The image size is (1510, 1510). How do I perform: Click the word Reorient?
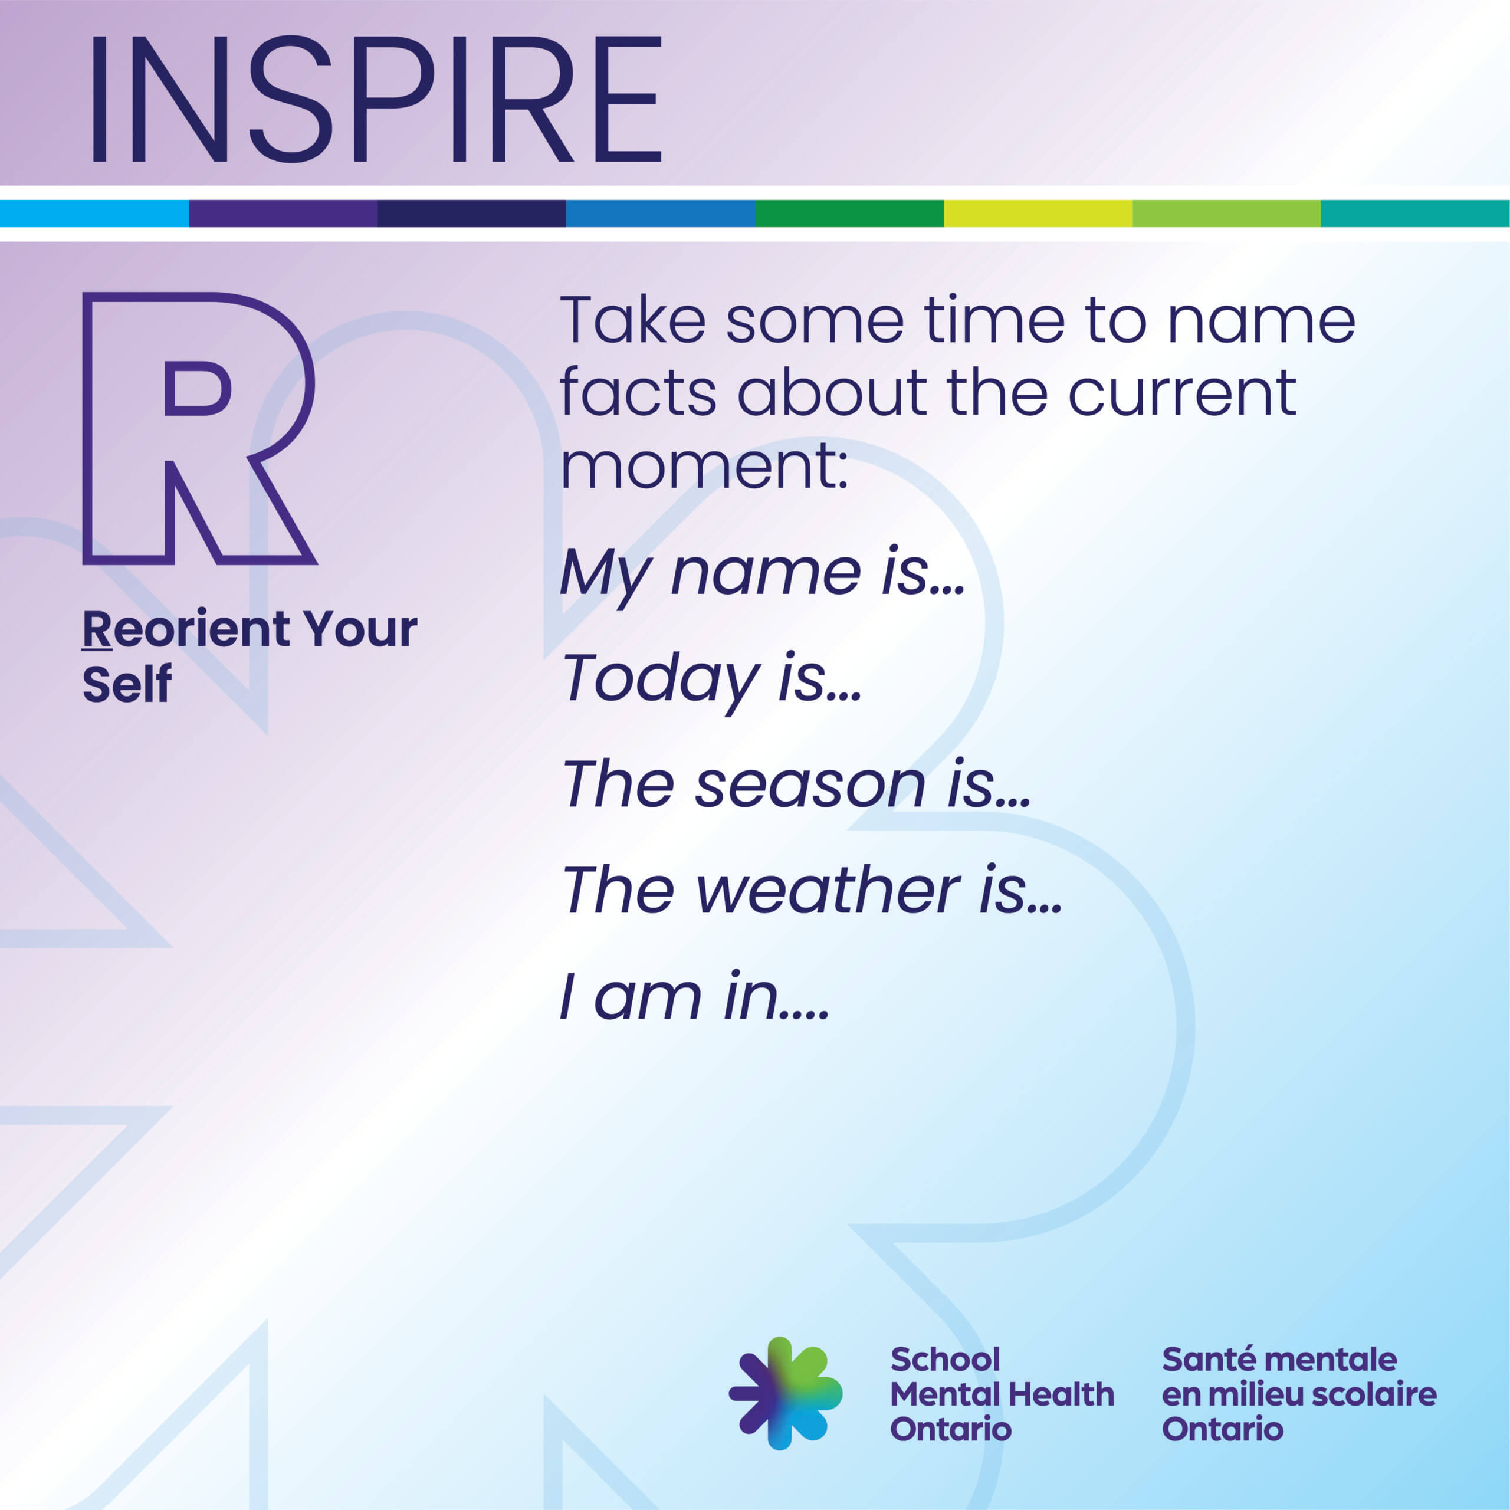(x=187, y=630)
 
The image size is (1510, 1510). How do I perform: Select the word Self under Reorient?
(x=127, y=685)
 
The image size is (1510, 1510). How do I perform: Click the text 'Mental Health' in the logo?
(x=1002, y=1394)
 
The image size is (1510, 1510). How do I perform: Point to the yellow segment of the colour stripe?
(x=1038, y=214)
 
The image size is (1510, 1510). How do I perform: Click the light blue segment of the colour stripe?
(x=94, y=214)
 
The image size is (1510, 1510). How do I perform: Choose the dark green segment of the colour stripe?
(x=849, y=214)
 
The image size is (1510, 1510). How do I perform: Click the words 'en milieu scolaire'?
(x=1299, y=1394)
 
